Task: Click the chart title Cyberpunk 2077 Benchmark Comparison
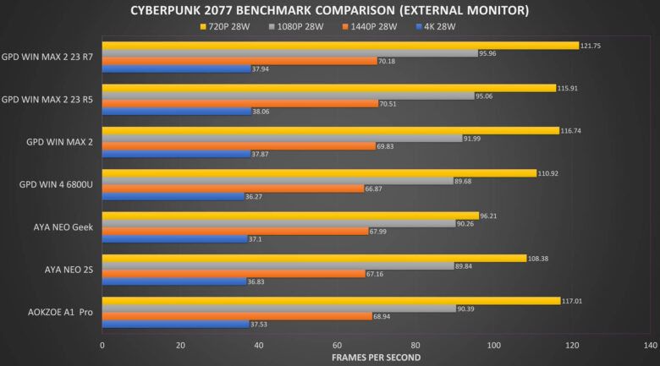(x=329, y=11)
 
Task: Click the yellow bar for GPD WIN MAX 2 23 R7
(x=338, y=46)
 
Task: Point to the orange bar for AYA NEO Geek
(x=233, y=232)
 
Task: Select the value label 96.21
(x=491, y=216)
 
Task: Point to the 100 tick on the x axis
(x=493, y=346)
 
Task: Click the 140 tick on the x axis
(x=650, y=346)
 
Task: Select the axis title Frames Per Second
(x=376, y=358)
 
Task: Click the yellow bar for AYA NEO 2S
(x=313, y=258)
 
